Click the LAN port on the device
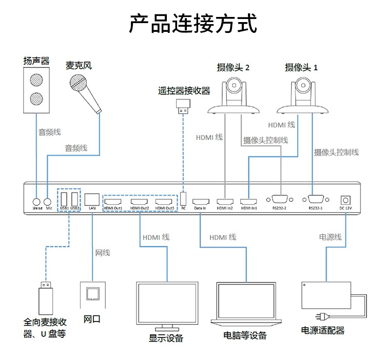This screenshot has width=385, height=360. pyautogui.click(x=92, y=200)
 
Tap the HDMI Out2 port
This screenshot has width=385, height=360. pyautogui.click(x=139, y=202)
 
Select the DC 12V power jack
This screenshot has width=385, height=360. pyautogui.click(x=345, y=200)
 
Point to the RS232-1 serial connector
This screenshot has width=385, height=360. pyautogui.click(x=316, y=199)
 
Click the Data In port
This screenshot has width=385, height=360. pyautogui.click(x=201, y=202)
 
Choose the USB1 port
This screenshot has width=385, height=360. pyautogui.click(x=64, y=199)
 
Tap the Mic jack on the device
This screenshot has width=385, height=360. pyautogui.click(x=47, y=202)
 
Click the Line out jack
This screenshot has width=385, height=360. pyautogui.click(x=36, y=202)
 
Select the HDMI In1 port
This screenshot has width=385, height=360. pyautogui.click(x=248, y=202)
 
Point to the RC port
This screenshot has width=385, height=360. pyautogui.click(x=183, y=199)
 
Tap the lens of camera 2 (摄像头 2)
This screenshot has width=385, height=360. pyautogui.click(x=234, y=85)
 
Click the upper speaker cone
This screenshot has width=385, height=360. pyautogui.click(x=36, y=80)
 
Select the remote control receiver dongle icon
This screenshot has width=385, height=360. pyautogui.click(x=183, y=107)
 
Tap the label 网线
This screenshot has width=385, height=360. pyautogui.click(x=103, y=253)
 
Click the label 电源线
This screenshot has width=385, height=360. pyautogui.click(x=330, y=237)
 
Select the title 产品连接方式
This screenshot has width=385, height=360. pyautogui.click(x=193, y=23)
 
